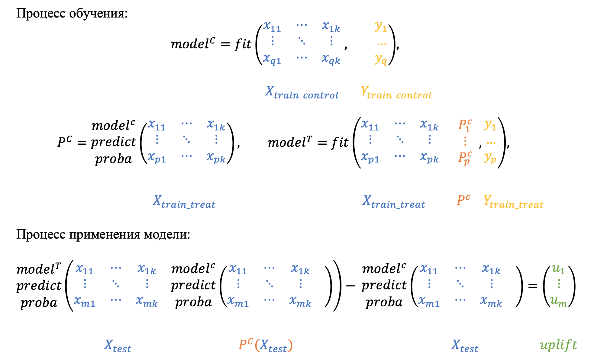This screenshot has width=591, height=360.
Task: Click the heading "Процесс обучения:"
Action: (x=72, y=13)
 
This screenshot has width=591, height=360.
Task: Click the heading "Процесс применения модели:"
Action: (x=103, y=234)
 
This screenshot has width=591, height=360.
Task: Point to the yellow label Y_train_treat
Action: (x=513, y=201)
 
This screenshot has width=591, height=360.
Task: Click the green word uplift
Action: (x=558, y=345)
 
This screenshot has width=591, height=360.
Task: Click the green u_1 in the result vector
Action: (x=558, y=269)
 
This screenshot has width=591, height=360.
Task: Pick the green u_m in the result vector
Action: (x=558, y=301)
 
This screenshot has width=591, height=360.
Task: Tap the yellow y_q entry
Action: (x=381, y=59)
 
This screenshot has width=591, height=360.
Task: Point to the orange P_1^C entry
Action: (x=465, y=125)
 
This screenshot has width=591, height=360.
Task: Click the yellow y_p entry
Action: (x=490, y=158)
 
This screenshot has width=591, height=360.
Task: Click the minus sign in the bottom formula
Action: (x=350, y=285)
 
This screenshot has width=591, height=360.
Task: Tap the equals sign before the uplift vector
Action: (x=532, y=285)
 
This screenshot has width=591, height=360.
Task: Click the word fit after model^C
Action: (x=243, y=44)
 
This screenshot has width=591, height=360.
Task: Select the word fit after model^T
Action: (x=340, y=142)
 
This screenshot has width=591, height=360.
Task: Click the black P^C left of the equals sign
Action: (x=65, y=142)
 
